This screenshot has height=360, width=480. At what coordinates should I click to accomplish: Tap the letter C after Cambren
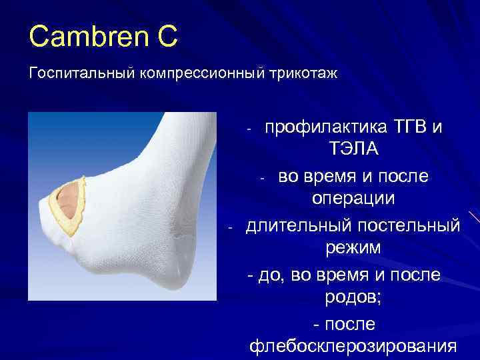point(166,37)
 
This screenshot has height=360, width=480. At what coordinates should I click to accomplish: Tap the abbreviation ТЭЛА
point(353,149)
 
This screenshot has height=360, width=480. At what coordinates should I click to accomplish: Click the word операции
point(353,199)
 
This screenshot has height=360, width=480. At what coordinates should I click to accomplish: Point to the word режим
point(353,249)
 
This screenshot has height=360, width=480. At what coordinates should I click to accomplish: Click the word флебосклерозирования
point(353,347)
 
